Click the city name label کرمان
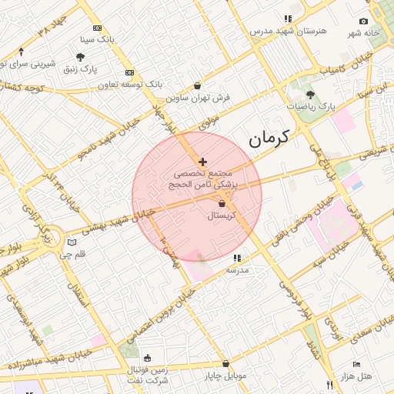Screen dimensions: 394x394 pyautogui.click(x=269, y=139)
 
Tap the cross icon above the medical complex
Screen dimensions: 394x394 pyautogui.click(x=202, y=162)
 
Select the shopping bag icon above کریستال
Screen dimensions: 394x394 pyautogui.click(x=222, y=204)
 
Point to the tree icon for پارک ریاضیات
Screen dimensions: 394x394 pyautogui.click(x=310, y=94)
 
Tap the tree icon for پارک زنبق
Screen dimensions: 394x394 pyautogui.click(x=80, y=57)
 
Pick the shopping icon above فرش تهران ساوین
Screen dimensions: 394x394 pyautogui.click(x=199, y=86)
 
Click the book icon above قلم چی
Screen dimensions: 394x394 pyautogui.click(x=72, y=242)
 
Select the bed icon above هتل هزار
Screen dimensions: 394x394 pyautogui.click(x=356, y=363)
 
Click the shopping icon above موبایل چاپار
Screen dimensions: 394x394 pyautogui.click(x=225, y=363)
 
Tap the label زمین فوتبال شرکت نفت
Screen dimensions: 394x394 pyautogui.click(x=147, y=376)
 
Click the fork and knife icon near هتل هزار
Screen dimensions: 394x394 pyautogui.click(x=329, y=385)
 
